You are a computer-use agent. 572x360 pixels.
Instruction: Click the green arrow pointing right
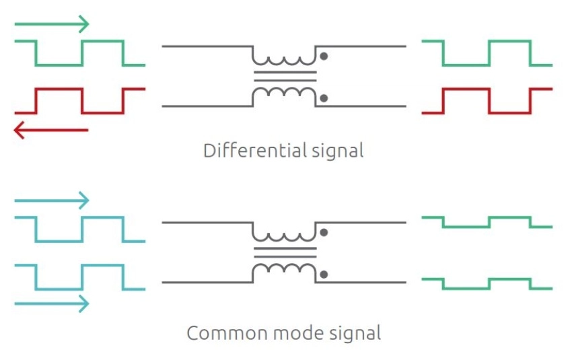(52, 24)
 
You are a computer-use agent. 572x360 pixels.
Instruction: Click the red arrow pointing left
(50, 130)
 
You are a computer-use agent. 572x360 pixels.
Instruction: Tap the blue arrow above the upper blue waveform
(52, 201)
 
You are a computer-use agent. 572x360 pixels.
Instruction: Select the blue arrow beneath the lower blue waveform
(52, 303)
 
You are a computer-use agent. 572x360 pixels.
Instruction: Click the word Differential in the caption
(254, 150)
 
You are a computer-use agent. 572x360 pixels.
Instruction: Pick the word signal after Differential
(337, 151)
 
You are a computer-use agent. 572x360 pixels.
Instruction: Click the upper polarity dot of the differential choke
(324, 56)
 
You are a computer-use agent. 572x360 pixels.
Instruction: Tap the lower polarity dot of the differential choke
(324, 98)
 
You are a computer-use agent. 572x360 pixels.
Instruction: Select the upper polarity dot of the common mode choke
(324, 232)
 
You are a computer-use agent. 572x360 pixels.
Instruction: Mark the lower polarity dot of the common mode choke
(324, 275)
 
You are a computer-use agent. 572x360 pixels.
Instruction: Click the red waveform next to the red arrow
(80, 89)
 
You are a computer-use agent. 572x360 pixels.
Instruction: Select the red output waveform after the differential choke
(487, 89)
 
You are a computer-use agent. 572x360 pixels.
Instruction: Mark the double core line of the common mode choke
(285, 252)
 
